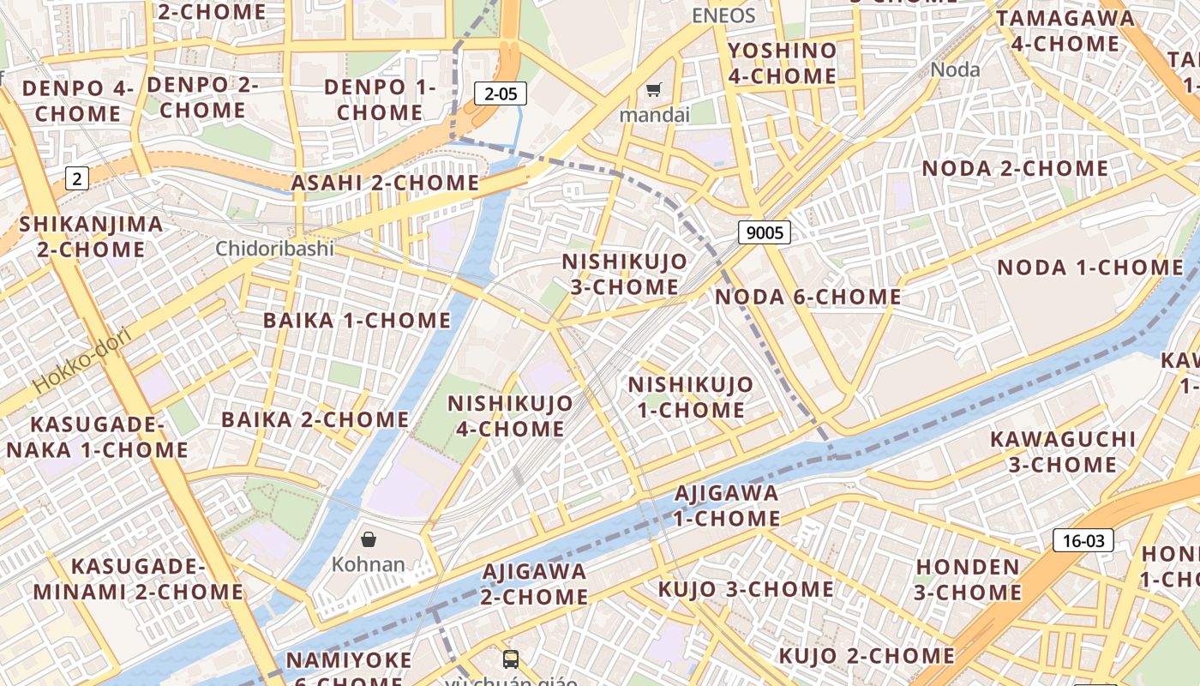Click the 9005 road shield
(x=763, y=232)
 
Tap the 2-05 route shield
(x=501, y=93)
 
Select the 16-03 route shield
(x=1083, y=540)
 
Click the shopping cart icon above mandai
(x=653, y=89)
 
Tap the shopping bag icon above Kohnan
(x=369, y=539)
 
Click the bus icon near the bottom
(x=511, y=659)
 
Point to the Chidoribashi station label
(x=274, y=249)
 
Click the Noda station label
(x=955, y=69)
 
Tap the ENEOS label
(x=723, y=15)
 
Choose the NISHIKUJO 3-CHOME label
(x=624, y=274)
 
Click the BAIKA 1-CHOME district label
(x=357, y=321)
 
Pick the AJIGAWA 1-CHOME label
(x=726, y=506)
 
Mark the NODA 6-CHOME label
(x=807, y=298)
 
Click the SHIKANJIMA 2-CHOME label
(x=91, y=237)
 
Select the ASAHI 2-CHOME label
(x=385, y=183)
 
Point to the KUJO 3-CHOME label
(x=746, y=589)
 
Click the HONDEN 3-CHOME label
(x=968, y=580)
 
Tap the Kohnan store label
(x=368, y=564)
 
